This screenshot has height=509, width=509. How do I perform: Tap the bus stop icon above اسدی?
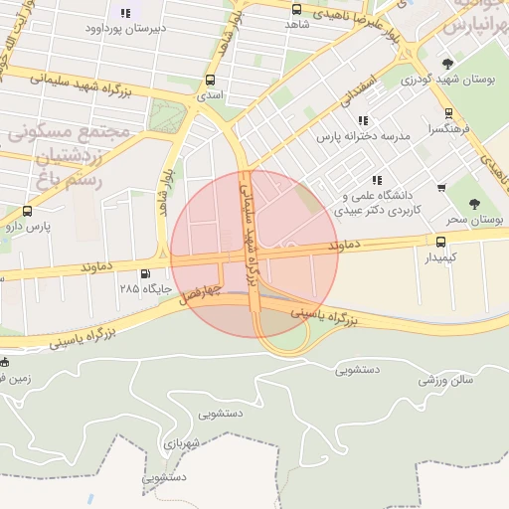pos(210,80)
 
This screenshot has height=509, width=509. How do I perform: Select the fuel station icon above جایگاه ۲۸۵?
pos(147,273)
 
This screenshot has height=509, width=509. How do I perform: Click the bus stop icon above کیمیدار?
pos(440,241)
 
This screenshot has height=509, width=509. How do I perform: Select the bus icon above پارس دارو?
pos(26,211)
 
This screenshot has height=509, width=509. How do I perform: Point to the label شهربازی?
pos(184,442)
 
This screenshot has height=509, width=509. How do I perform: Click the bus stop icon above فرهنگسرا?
pos(448,113)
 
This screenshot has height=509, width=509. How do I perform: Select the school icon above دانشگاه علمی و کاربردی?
pos(376,180)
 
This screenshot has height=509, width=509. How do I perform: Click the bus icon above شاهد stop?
pos(296,9)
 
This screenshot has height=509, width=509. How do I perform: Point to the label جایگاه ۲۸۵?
pos(141,288)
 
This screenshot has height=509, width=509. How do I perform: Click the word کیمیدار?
pos(439,257)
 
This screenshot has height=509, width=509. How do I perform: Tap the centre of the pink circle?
pos(254,254)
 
